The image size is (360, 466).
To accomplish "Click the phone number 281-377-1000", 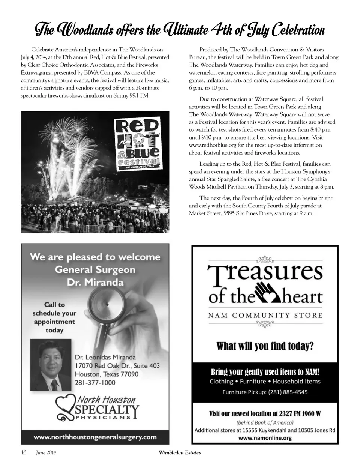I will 95,383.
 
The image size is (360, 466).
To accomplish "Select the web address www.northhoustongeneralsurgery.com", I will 95,437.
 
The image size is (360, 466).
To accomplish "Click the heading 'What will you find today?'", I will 265,346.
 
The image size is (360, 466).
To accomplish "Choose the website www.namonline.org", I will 265,438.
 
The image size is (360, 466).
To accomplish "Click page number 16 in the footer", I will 24,452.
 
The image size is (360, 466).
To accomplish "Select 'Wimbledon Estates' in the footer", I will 180,452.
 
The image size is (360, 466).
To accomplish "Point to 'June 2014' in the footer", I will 46,453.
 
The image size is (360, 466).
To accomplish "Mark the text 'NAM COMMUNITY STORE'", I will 265,315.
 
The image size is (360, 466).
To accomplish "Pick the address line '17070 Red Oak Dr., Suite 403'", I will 117,365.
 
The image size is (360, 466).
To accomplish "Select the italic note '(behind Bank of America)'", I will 265,422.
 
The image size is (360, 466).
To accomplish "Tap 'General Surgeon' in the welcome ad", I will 95,269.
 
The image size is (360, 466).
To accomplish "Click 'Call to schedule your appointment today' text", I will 54,317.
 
